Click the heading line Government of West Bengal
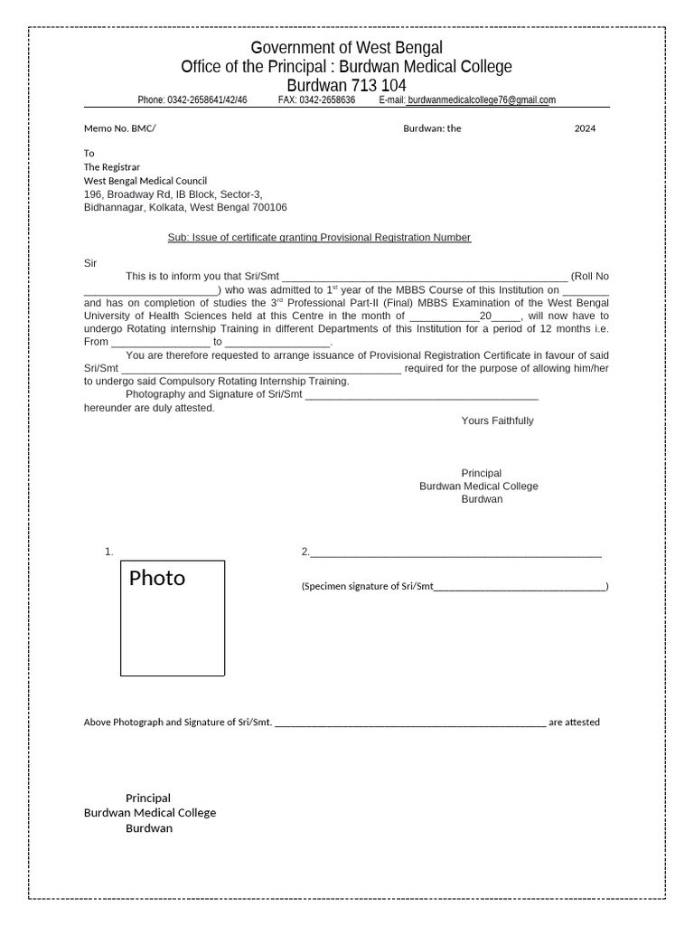pos(346,47)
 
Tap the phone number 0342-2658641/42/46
pos(207,100)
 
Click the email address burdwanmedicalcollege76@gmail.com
pos(482,100)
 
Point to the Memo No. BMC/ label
pos(119,128)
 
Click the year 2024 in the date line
pos(585,128)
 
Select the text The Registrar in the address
pos(112,167)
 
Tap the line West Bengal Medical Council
pos(145,181)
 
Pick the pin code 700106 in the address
pos(270,208)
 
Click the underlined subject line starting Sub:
pos(319,237)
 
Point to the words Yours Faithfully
pos(497,420)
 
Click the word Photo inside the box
pos(157,579)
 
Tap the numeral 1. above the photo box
pos(108,552)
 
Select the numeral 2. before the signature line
pos(305,552)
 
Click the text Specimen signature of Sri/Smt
pos(368,587)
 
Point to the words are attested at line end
pos(574,723)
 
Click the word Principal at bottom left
pos(148,798)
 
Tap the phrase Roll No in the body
pos(590,276)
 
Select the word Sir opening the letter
pos(90,262)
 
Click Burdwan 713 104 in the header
pos(346,86)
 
